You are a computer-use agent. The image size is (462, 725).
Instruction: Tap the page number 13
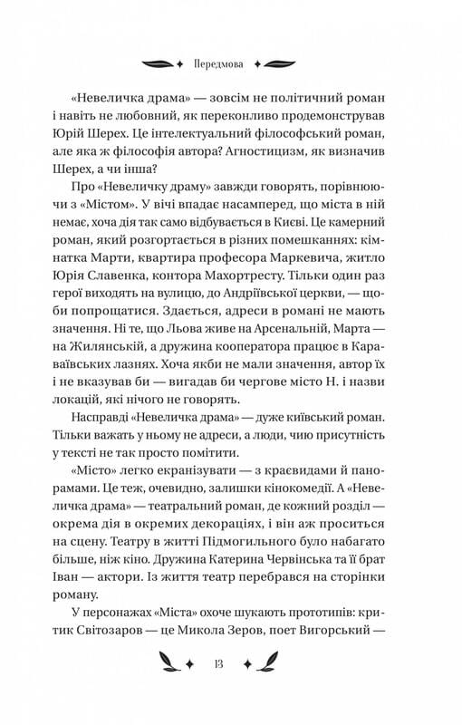pos(231,663)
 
